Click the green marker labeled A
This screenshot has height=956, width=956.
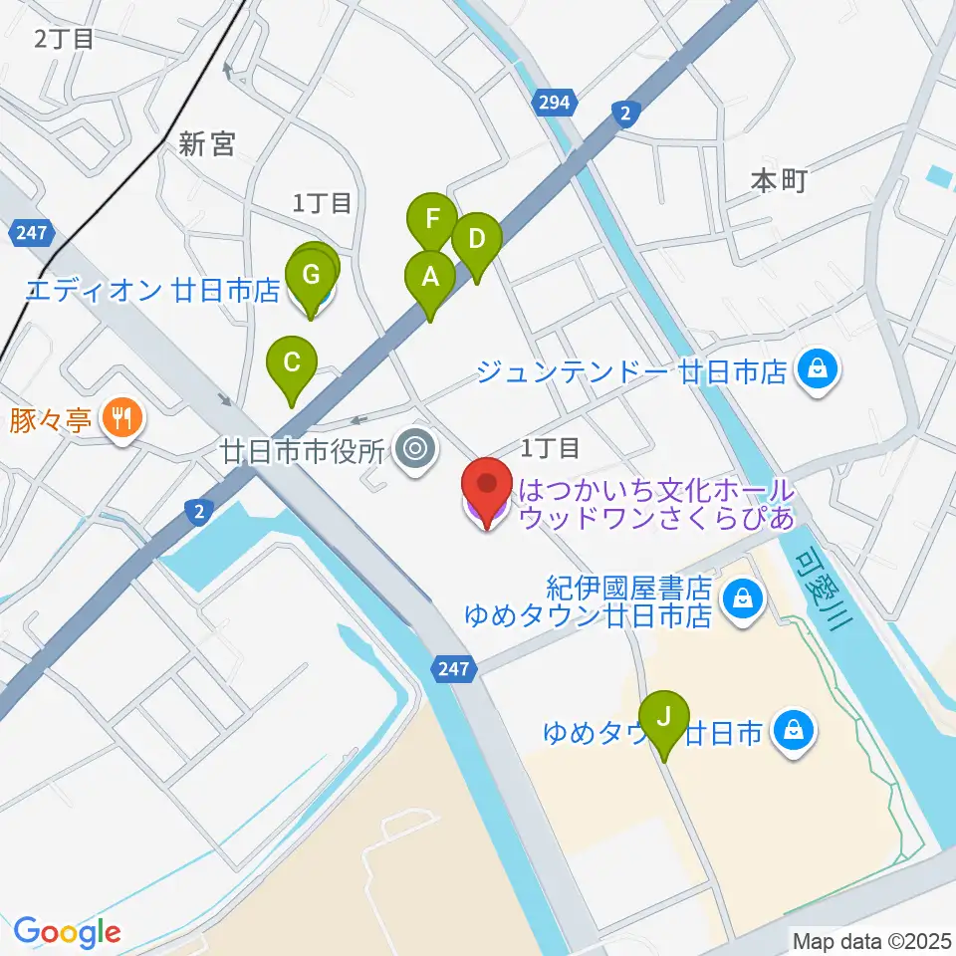(429, 278)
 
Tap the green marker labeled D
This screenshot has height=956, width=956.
(476, 240)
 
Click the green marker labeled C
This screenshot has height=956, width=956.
(291, 363)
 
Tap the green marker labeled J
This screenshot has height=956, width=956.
(664, 717)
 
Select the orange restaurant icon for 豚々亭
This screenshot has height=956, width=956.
(121, 417)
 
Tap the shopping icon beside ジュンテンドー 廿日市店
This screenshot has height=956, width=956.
(818, 373)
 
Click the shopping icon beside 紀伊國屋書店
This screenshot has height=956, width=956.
(742, 598)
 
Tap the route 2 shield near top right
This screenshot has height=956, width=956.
(624, 114)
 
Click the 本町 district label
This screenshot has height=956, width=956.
(778, 181)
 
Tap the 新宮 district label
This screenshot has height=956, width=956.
(206, 145)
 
